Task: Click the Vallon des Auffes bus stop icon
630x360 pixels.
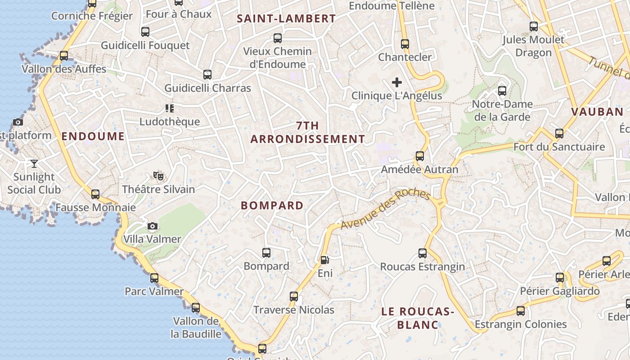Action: tap(64, 56)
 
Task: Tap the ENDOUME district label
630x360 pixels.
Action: tap(93, 136)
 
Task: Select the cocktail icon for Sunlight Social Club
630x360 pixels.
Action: tap(34, 163)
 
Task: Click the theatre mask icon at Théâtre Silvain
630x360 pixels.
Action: tap(158, 175)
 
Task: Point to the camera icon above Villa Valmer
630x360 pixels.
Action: tap(153, 226)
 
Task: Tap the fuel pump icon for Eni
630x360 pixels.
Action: tap(324, 260)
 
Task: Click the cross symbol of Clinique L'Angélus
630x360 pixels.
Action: tap(396, 82)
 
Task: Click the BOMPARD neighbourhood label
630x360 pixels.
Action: tap(272, 206)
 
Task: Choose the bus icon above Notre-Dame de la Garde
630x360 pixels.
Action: tap(502, 91)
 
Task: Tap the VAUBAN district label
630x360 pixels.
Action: tap(597, 112)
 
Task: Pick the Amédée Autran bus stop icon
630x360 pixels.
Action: tap(420, 156)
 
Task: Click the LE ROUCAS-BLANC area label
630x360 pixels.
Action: tap(417, 318)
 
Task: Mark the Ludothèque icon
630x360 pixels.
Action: tap(170, 108)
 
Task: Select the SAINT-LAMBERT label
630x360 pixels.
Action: tap(286, 18)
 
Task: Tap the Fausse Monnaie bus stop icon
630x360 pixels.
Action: tap(95, 194)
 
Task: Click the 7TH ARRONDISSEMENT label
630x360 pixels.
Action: tap(308, 132)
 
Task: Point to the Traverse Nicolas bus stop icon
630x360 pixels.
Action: tap(294, 297)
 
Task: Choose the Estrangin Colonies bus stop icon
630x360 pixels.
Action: tap(521, 311)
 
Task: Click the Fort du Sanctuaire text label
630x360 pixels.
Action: tap(559, 147)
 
